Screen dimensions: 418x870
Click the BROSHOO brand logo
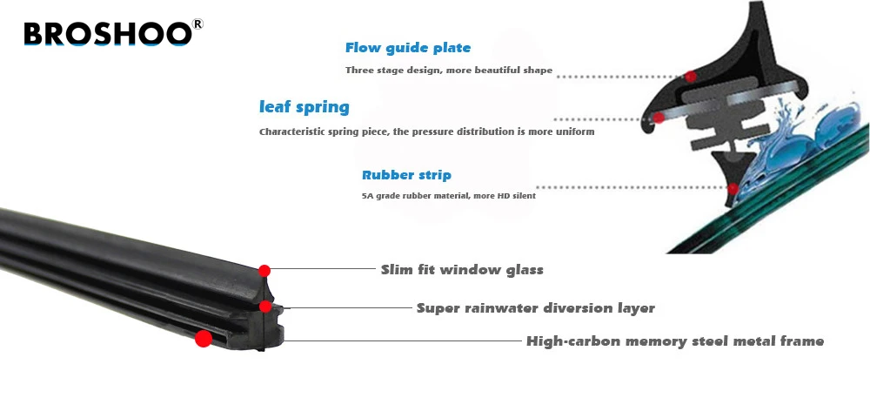(106, 34)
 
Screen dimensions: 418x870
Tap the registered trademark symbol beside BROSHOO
(197, 24)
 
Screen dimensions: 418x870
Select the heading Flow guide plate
(408, 48)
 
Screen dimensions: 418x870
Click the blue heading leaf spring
(304, 108)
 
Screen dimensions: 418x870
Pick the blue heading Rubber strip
(406, 175)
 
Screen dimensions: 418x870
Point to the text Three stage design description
(448, 71)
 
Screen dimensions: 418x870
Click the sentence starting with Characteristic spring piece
(426, 132)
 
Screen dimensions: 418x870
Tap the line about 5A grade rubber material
(448, 196)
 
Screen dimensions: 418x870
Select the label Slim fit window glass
(462, 270)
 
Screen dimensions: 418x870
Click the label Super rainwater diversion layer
(535, 308)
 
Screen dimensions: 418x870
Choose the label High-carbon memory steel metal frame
(674, 341)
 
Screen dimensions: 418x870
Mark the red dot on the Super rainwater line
(265, 306)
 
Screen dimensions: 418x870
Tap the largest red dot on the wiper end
(204, 339)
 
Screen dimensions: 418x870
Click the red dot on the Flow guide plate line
(691, 77)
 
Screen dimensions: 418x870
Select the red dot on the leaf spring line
(659, 118)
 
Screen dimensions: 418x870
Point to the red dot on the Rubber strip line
(733, 187)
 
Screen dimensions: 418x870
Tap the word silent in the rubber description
(522, 196)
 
